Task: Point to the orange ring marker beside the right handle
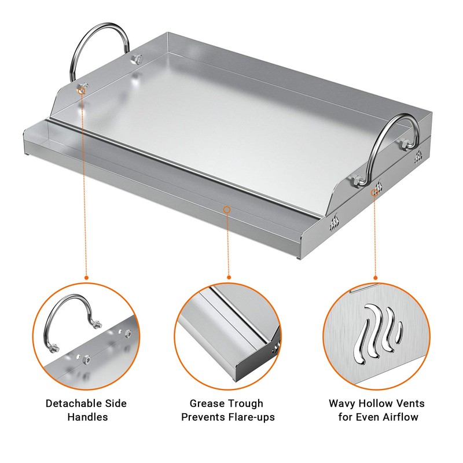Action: tap(375, 190)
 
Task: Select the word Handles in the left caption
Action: tap(86, 416)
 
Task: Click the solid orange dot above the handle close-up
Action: tap(86, 277)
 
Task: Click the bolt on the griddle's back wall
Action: tap(137, 59)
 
